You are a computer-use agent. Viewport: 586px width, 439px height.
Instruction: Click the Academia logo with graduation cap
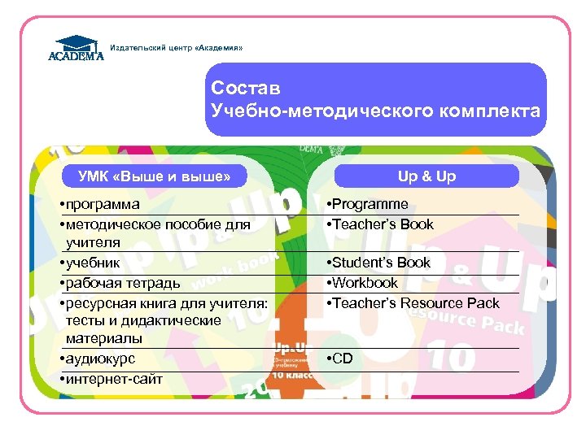[x=76, y=48]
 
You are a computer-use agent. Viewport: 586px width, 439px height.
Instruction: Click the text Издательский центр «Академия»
[x=176, y=48]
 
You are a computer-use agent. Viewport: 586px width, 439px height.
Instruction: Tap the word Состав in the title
[x=245, y=88]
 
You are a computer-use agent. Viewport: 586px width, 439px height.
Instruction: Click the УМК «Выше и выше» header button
[x=154, y=176]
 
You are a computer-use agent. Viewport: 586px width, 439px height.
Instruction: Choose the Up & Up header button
[x=426, y=176]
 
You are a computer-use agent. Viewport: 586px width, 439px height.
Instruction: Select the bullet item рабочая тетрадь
[x=122, y=283]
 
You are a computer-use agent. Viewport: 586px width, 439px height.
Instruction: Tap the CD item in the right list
[x=342, y=359]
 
